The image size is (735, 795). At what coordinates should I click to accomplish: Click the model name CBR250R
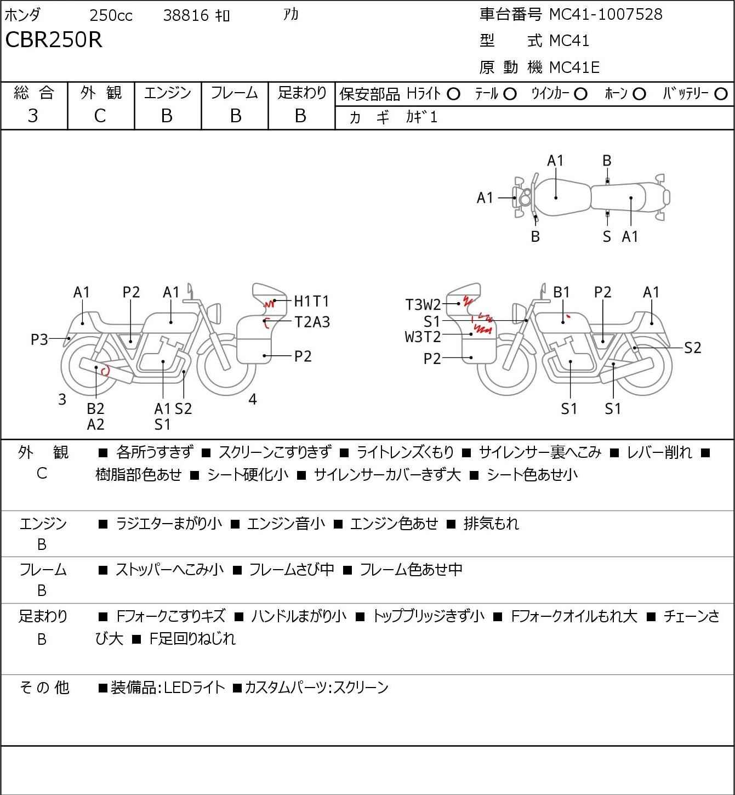point(54,40)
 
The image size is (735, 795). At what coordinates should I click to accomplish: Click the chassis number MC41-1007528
point(606,14)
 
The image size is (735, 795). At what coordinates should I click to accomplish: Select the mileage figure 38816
point(186,15)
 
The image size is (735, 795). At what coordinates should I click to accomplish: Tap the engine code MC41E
point(574,67)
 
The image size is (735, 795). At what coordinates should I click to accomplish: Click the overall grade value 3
point(33,116)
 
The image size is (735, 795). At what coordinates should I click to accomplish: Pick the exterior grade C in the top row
point(100,116)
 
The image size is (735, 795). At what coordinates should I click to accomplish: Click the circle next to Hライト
point(453,94)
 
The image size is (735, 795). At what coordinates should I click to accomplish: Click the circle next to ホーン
point(639,94)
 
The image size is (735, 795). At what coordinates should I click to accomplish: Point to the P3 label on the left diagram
point(39,340)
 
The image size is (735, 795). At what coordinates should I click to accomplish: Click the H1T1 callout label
point(311,301)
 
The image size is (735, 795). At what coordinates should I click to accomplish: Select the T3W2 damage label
point(423,304)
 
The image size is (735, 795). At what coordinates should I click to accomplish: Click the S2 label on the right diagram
point(692,348)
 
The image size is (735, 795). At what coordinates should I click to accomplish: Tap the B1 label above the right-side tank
point(561,292)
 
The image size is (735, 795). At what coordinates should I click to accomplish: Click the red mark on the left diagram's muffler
point(106,371)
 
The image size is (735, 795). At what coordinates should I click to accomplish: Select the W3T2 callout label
point(423,336)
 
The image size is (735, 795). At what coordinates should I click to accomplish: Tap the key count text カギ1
point(421,117)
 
